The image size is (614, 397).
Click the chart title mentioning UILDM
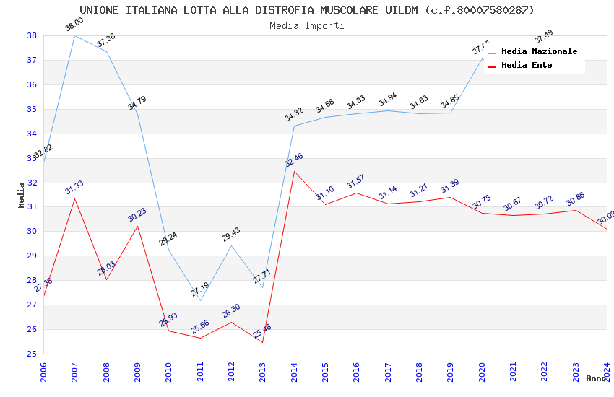307,10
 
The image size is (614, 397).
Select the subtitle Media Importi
307,25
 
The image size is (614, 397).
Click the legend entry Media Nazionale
539,51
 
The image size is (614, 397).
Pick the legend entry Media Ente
527,65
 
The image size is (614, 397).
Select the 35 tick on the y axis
32,109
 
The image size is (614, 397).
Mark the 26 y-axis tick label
32,329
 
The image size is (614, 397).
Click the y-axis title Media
22,195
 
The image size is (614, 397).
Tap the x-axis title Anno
596,378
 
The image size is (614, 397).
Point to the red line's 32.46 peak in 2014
294,171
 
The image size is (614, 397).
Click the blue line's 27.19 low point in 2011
200,300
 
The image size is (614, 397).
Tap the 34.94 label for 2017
388,100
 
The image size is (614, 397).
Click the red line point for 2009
137,226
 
